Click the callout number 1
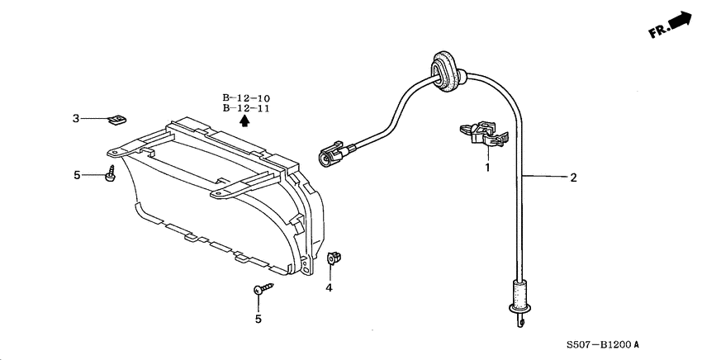click(487, 168)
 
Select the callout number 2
click(573, 177)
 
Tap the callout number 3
click(75, 119)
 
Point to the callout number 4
click(329, 287)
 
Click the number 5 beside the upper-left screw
click(77, 175)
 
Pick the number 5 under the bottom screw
click(259, 318)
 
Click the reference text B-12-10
click(245, 98)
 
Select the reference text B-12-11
click(245, 108)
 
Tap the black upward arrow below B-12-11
click(244, 121)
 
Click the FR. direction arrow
click(671, 26)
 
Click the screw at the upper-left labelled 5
click(110, 174)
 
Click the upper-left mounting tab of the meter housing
click(124, 152)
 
